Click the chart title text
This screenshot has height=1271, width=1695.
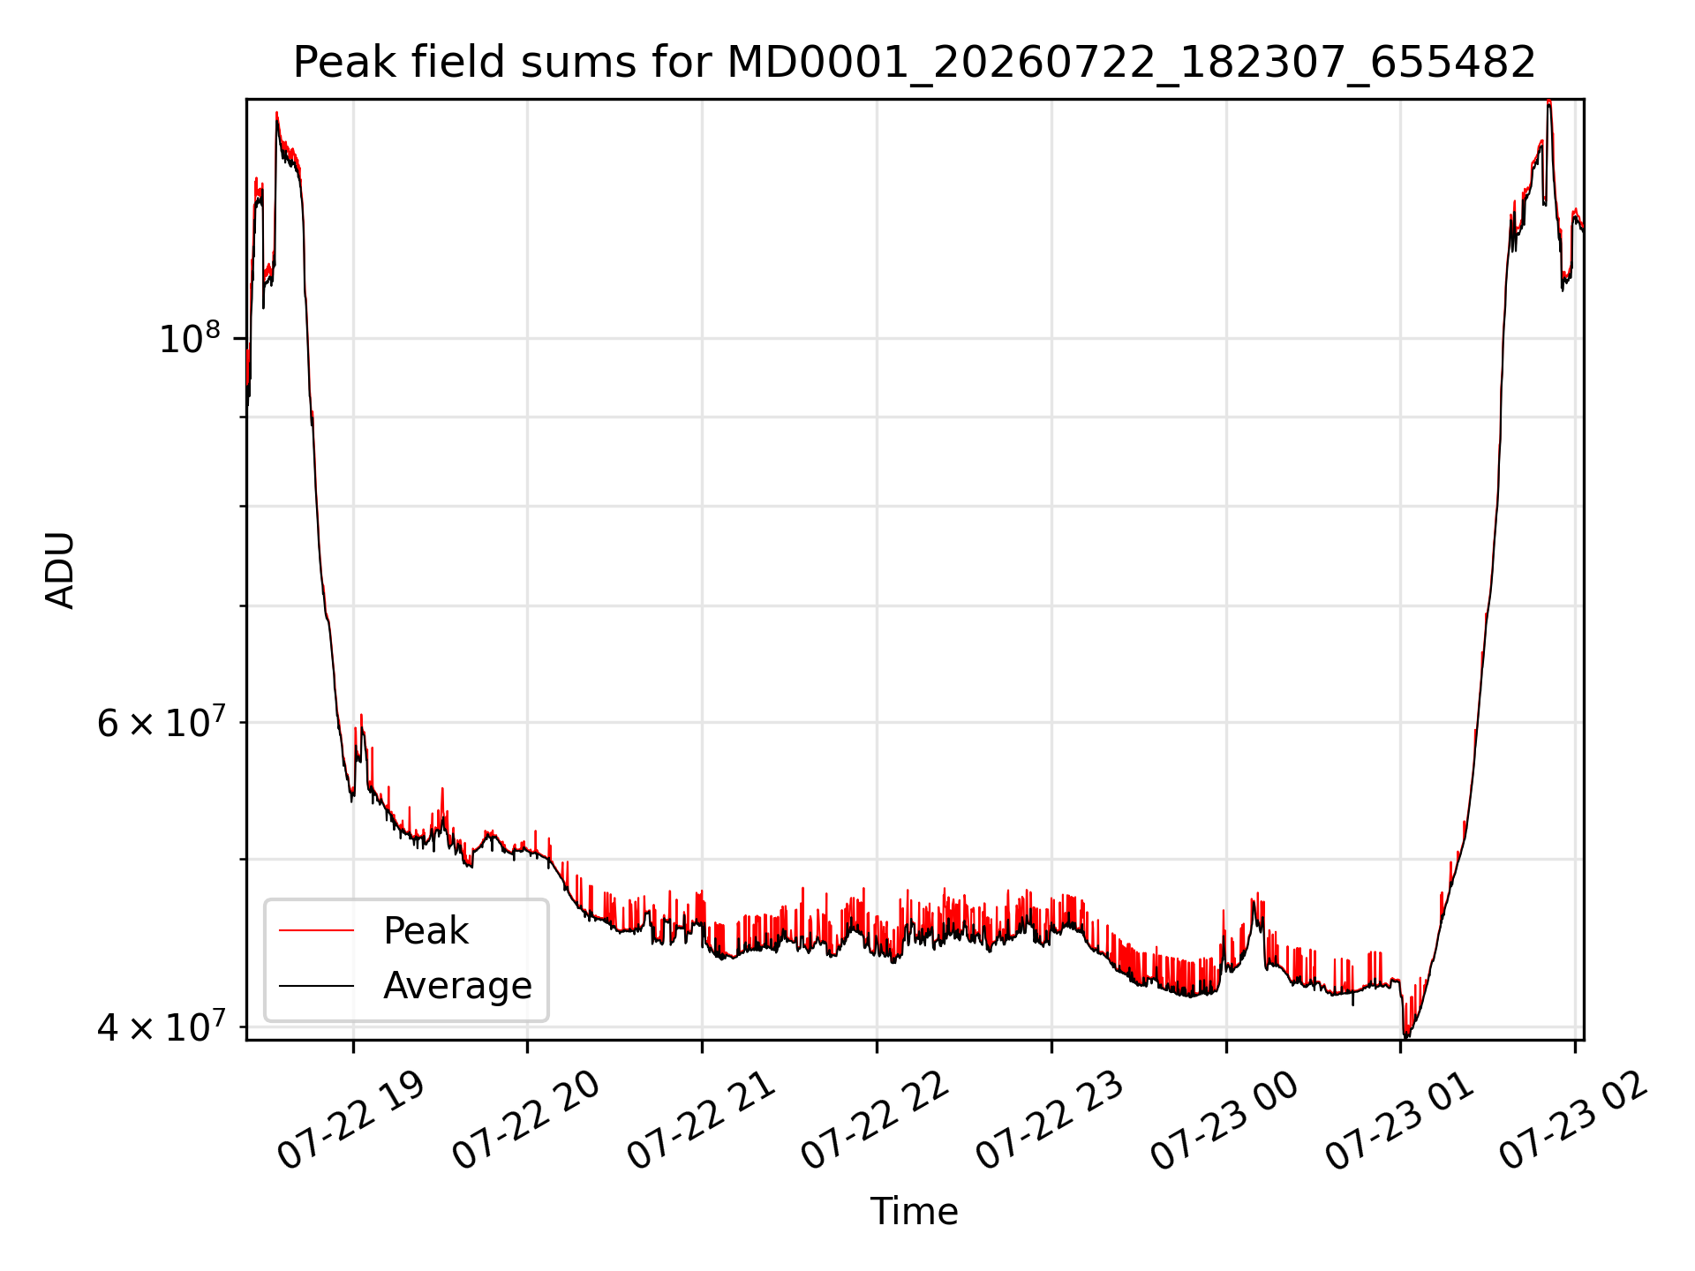[915, 63]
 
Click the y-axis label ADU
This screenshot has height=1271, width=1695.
[60, 570]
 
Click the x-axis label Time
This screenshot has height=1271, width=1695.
[915, 1212]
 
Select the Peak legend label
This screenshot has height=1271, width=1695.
[426, 931]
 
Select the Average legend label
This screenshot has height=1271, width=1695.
[457, 986]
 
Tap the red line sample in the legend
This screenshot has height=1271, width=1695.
[317, 930]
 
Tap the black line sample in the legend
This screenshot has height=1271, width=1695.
[317, 986]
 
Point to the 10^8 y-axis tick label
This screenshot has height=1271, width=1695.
[189, 338]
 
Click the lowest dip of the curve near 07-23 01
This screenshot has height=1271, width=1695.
[1405, 1035]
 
